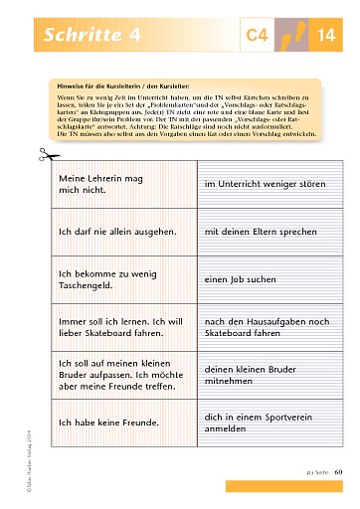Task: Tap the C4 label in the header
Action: (x=258, y=37)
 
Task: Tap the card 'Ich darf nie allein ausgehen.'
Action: (x=120, y=231)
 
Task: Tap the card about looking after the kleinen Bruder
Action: (x=120, y=375)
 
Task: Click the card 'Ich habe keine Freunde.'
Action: (x=120, y=423)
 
